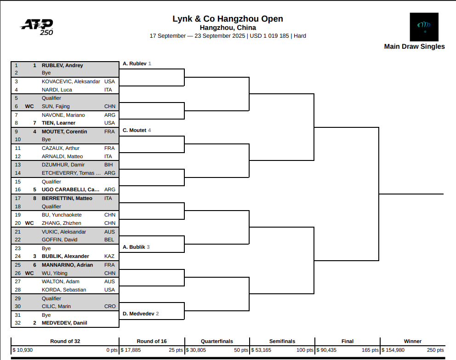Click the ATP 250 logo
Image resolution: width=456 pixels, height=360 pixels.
(x=37, y=26)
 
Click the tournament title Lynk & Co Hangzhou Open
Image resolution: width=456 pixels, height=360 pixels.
(x=228, y=19)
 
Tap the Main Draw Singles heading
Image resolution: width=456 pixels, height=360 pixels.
(x=414, y=46)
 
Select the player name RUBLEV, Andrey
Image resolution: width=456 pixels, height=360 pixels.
(x=62, y=65)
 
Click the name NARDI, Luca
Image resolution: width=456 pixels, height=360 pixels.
(x=57, y=90)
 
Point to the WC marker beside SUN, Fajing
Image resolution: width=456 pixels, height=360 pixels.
(x=29, y=106)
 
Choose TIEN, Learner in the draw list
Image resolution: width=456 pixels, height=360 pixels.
(x=58, y=123)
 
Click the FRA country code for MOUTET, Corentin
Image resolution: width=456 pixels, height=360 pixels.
(x=109, y=131)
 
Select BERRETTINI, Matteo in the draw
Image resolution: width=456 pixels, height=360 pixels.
(x=67, y=198)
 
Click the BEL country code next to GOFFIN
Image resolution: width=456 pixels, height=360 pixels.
(x=109, y=240)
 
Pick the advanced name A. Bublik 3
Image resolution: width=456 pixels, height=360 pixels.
(x=136, y=247)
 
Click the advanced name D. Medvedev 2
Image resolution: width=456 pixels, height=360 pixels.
(x=141, y=314)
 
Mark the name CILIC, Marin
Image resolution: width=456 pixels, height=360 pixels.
(x=56, y=306)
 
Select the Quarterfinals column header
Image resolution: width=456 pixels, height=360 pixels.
(x=217, y=341)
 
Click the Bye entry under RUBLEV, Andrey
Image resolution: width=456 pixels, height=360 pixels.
(x=46, y=73)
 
